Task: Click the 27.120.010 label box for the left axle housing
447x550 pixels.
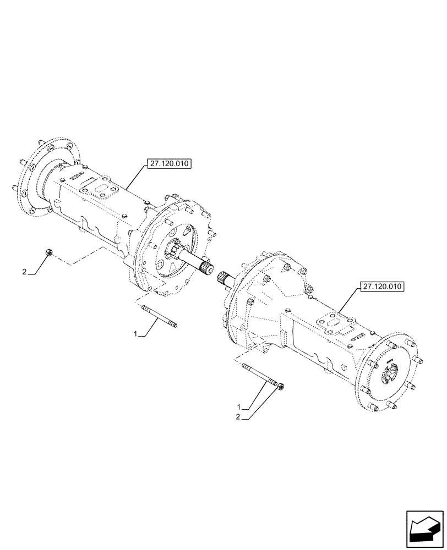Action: tap(168, 164)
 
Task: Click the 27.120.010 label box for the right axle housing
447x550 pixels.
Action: tap(382, 286)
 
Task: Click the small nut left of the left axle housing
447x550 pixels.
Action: tap(48, 252)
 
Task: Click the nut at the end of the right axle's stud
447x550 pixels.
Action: tap(281, 387)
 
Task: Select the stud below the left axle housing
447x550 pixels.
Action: tap(159, 317)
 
